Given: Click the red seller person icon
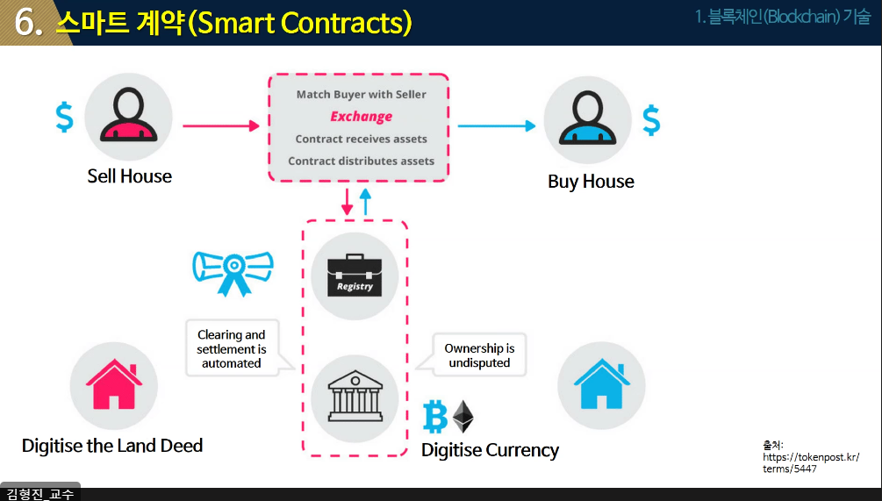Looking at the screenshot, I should [129, 117].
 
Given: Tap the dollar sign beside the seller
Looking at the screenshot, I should [64, 117].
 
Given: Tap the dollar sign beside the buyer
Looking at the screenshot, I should [651, 120].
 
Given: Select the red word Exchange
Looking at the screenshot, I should [361, 117].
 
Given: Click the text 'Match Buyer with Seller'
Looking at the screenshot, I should [361, 94].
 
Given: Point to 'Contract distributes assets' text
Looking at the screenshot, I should [361, 161].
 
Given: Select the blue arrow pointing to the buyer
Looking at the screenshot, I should [496, 125].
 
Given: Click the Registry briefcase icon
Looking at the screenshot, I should [355, 275].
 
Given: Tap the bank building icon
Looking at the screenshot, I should [355, 397].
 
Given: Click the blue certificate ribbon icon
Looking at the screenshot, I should [233, 268].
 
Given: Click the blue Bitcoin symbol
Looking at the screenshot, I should [435, 417].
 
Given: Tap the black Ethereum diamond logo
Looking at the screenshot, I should [463, 417].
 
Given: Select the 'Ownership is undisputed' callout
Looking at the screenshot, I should [479, 354].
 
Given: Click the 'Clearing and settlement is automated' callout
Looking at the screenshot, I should [231, 348].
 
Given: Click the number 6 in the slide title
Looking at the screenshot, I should [29, 23].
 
